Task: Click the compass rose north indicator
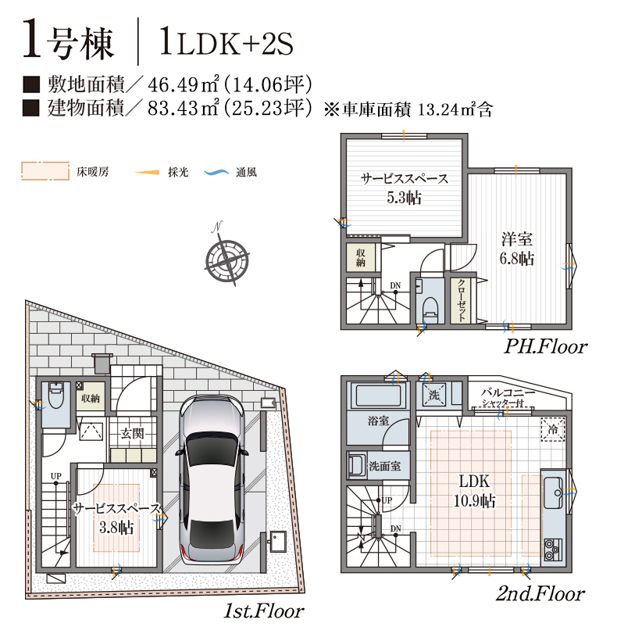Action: [x=226, y=258]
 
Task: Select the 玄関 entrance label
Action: [x=132, y=433]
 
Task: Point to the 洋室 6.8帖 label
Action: [x=517, y=249]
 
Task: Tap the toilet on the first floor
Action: [x=55, y=395]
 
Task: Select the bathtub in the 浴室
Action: [x=378, y=395]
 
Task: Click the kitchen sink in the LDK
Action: [x=553, y=492]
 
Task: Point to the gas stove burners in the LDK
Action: [x=553, y=550]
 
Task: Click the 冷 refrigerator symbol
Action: [x=553, y=429]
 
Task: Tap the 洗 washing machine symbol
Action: [x=433, y=394]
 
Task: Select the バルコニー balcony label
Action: [x=508, y=392]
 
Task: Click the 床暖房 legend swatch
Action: [x=45, y=171]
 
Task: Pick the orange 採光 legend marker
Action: [x=147, y=173]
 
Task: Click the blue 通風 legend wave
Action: [x=216, y=173]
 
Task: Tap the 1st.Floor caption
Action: [x=263, y=611]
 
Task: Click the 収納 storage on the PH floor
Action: [x=360, y=257]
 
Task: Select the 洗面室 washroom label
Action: [x=385, y=466]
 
